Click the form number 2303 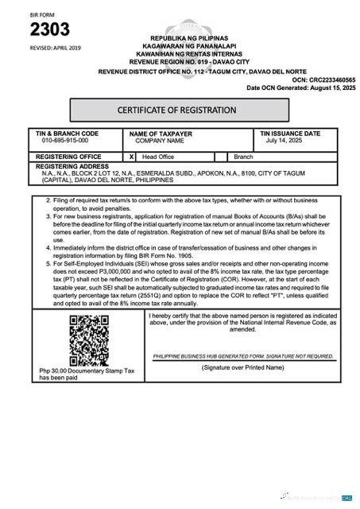49,30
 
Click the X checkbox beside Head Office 133,157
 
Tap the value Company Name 160,141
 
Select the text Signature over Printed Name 242,367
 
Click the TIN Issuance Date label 290,134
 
